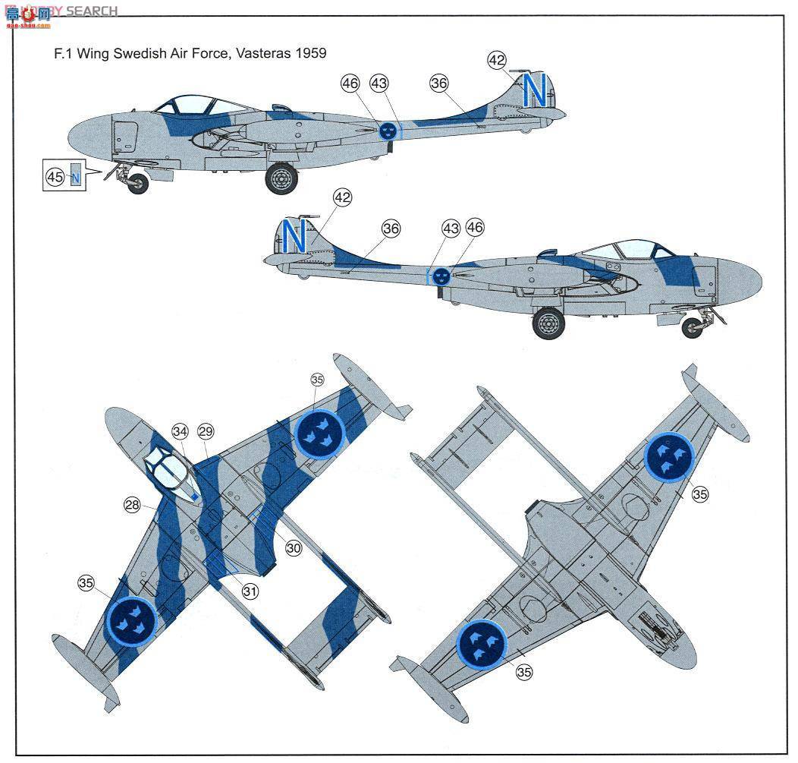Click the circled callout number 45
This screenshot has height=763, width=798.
click(55, 177)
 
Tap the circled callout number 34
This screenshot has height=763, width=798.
click(179, 431)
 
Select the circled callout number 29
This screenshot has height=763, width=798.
click(206, 431)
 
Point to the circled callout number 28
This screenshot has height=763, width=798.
click(134, 504)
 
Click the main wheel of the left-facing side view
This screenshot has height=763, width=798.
click(281, 179)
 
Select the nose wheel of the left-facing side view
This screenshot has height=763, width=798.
click(137, 183)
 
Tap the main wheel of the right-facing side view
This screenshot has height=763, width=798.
click(548, 323)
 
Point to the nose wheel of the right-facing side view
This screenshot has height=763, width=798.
click(692, 327)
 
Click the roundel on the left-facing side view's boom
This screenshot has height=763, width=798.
click(388, 131)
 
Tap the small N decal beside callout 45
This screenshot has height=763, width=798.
click(74, 178)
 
